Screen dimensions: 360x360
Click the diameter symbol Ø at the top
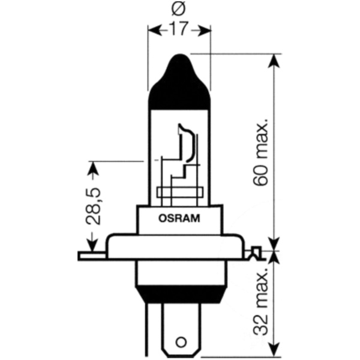pyautogui.click(x=179, y=10)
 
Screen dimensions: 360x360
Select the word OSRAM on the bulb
pyautogui.click(x=180, y=218)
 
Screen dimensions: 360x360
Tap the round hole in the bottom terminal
pyautogui.click(x=180, y=345)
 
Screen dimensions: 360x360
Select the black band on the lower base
pyautogui.click(x=180, y=293)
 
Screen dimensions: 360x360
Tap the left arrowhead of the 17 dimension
pyautogui.click(x=152, y=29)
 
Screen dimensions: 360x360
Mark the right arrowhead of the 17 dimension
pyautogui.click(x=207, y=29)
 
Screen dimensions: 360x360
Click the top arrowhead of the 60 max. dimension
pyautogui.click(x=274, y=60)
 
